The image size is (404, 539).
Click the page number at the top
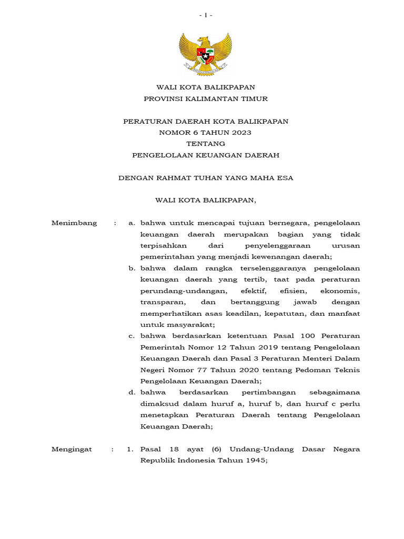tap(206, 15)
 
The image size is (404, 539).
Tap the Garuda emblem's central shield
tap(206, 54)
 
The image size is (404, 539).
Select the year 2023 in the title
tap(241, 132)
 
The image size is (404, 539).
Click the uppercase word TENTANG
tap(206, 144)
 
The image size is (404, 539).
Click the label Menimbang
tap(74, 223)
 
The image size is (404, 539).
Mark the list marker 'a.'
tap(132, 223)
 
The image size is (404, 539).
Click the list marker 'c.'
tap(132, 336)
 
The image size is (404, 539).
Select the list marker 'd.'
tap(132, 392)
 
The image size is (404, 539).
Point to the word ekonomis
tap(342, 291)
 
